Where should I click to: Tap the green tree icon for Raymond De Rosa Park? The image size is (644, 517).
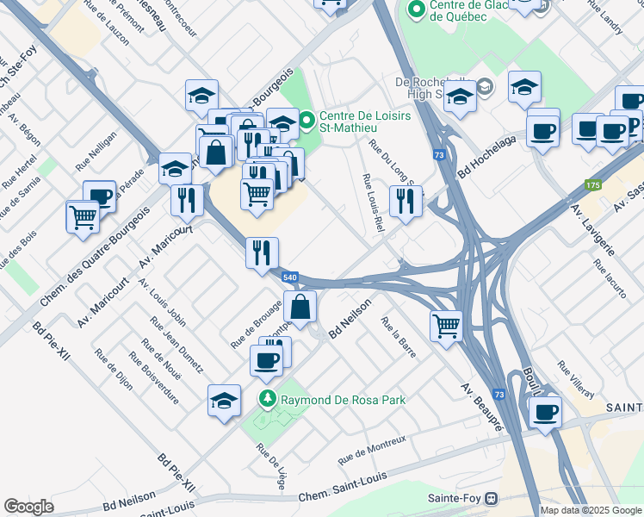point(268,400)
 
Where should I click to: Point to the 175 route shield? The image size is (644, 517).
point(592,185)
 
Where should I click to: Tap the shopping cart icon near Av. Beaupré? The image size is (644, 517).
point(446,326)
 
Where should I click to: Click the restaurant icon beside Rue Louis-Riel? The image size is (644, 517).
point(403,201)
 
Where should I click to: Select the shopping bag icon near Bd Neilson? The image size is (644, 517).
point(300,307)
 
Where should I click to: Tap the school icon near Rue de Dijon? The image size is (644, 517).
point(224,400)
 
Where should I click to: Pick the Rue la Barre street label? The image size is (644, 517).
point(404,337)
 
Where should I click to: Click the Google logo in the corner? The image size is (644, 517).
point(28,507)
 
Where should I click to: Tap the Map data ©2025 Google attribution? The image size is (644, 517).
point(590,510)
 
